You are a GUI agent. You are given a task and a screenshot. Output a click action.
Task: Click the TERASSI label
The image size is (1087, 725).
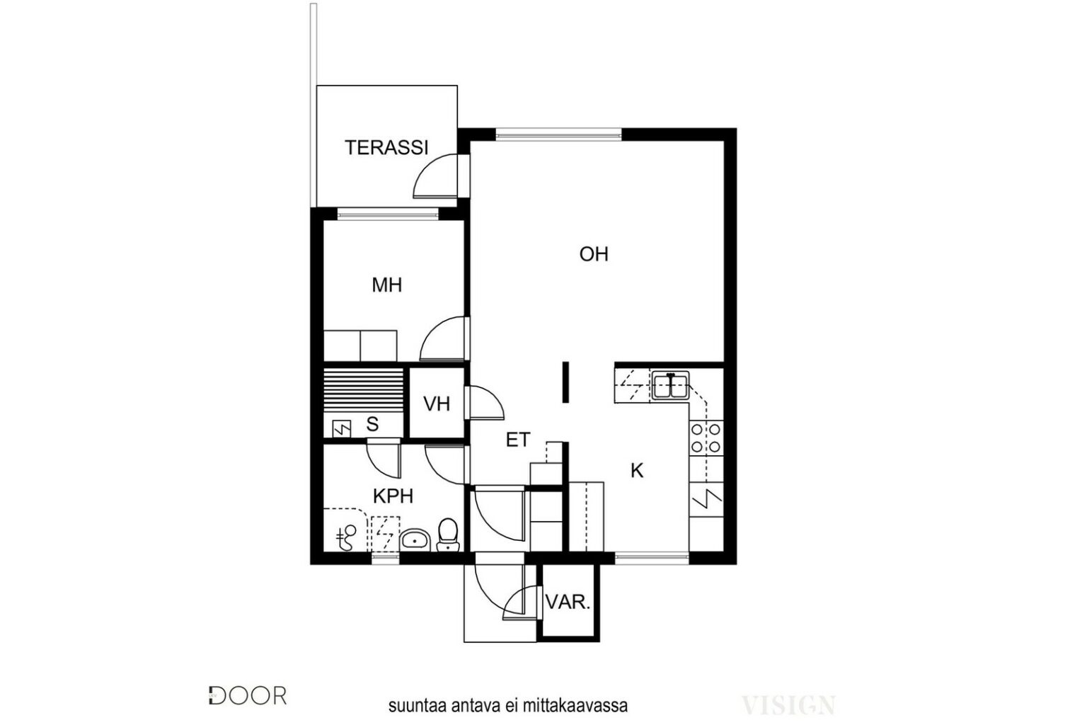[386, 148]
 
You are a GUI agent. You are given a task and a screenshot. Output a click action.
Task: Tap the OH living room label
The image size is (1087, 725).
[594, 254]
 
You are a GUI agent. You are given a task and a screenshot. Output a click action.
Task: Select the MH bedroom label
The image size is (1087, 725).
[387, 285]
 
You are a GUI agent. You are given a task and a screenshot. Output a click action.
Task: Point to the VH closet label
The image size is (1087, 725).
[436, 404]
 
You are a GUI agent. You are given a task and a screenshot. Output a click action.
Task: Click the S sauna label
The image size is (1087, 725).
[372, 424]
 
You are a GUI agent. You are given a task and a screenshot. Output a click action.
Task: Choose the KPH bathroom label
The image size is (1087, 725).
[393, 496]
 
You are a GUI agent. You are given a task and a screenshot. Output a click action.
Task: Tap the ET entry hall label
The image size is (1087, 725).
[518, 440]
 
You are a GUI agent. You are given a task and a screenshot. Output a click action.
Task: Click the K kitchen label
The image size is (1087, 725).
[637, 471]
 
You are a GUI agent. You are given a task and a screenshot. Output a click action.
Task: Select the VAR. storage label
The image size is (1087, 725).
[568, 603]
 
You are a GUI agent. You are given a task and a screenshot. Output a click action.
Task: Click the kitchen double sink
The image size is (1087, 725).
[670, 385]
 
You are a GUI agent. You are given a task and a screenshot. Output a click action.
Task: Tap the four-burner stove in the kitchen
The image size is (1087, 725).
[706, 438]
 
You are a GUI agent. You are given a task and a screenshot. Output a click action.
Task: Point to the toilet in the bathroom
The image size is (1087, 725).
[448, 535]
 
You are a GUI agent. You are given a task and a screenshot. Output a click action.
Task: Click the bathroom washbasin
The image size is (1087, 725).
[415, 540]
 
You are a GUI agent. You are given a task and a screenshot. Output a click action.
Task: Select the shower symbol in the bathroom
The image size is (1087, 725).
[347, 538]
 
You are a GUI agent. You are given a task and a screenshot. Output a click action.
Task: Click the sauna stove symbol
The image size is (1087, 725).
[342, 429]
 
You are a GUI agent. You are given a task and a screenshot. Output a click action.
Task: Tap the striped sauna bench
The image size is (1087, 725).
[364, 390]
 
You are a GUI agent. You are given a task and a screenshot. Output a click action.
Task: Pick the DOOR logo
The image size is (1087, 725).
[248, 696]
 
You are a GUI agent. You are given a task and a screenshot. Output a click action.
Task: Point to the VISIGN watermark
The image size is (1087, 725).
[788, 705]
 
